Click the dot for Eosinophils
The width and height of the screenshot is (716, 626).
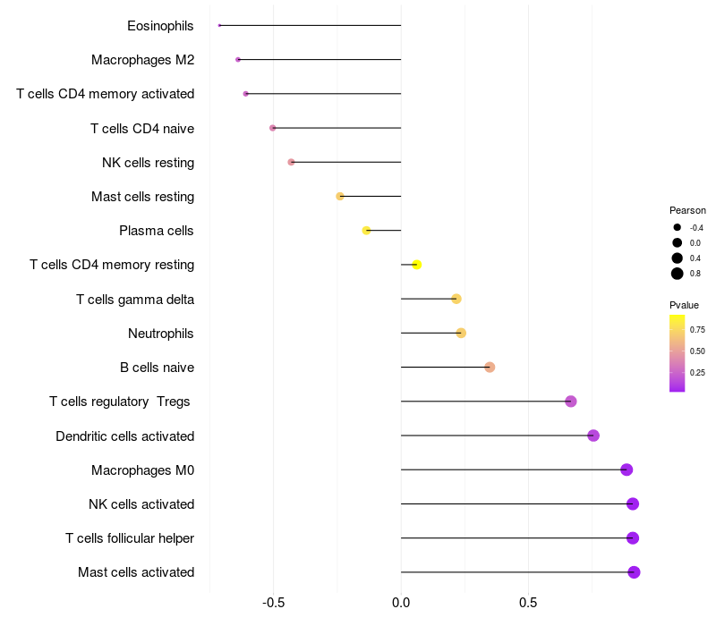point(219,25)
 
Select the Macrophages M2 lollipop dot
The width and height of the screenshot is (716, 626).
point(238,60)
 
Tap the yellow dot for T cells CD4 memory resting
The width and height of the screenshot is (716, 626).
point(417,265)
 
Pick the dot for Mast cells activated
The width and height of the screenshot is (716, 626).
point(634,572)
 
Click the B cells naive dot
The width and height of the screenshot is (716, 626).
point(490,368)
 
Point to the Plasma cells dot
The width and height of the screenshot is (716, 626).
point(366,231)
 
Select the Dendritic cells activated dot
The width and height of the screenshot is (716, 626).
point(593,436)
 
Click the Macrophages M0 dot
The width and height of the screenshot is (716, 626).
point(626,470)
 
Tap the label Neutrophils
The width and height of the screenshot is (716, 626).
point(161,334)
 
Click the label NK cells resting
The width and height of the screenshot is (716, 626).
point(149,163)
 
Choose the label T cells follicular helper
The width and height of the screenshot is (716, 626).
point(130,538)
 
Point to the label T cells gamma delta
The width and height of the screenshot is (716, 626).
point(135,300)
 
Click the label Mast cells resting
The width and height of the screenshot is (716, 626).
point(143,197)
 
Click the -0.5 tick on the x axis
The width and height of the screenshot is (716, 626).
point(274,604)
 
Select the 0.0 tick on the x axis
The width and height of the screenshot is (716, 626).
point(401,604)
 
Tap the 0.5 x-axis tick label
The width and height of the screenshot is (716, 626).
point(528,604)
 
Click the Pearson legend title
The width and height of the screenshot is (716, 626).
point(687,210)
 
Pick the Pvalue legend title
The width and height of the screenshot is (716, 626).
point(685,305)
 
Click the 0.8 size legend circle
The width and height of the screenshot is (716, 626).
point(678,274)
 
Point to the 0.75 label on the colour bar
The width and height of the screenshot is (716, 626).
point(697,330)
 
